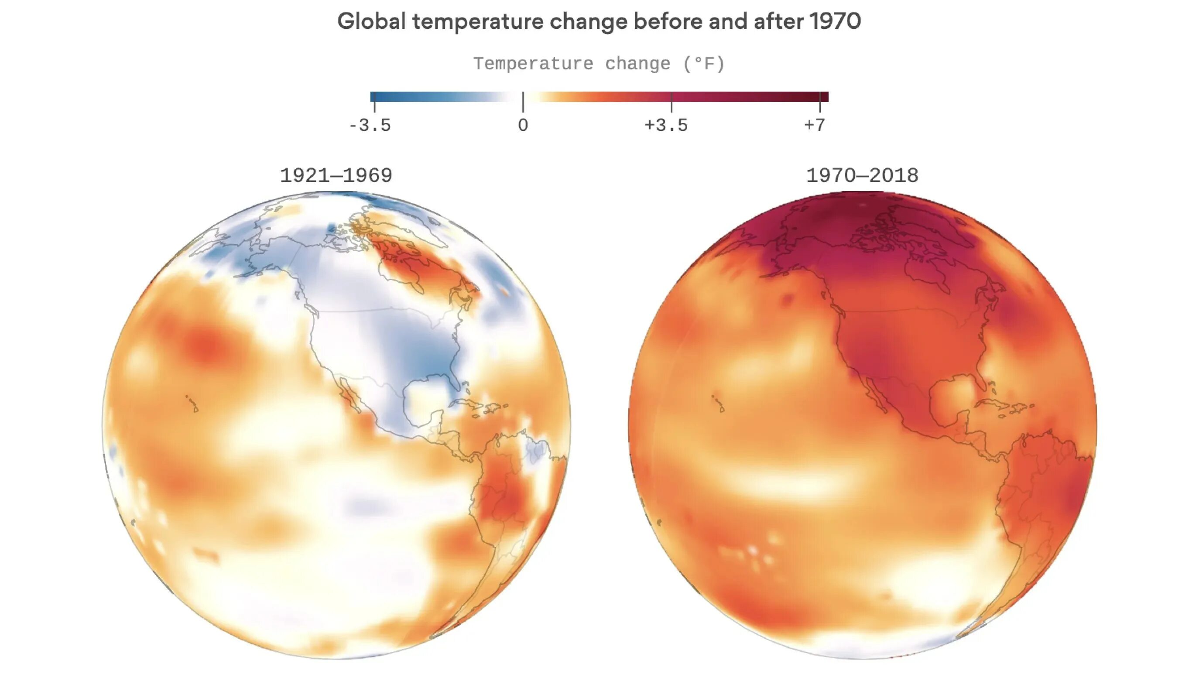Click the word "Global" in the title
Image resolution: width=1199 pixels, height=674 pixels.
pos(371,21)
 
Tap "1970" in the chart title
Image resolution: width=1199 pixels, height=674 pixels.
pos(835,21)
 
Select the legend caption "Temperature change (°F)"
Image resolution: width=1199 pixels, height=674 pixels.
pos(599,64)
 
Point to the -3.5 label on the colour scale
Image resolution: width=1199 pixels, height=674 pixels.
pos(370,125)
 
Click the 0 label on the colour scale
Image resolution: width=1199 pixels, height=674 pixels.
pos(523,125)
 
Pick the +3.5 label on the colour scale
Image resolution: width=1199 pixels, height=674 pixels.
pos(666,125)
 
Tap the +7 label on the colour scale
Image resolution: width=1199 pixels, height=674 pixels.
pos(815,125)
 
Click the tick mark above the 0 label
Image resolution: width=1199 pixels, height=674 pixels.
pos(523,102)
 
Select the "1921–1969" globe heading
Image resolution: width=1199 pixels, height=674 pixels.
pos(336,175)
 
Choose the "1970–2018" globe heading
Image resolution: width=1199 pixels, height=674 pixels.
pos(862,175)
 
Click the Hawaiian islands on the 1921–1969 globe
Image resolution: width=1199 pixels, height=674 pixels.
pos(192,404)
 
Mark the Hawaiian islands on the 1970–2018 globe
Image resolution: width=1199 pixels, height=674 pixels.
pos(718,404)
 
